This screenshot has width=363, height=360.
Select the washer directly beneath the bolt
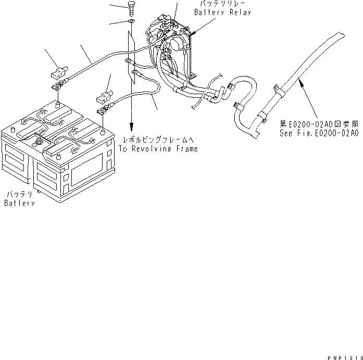click(x=130, y=21)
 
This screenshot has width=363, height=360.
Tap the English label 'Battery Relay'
click(x=223, y=12)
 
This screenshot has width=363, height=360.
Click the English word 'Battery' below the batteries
click(x=19, y=202)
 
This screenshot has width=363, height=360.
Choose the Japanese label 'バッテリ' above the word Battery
click(x=20, y=194)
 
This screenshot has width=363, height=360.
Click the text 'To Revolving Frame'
click(x=158, y=149)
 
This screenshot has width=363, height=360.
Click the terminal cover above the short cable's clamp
click(x=102, y=97)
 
